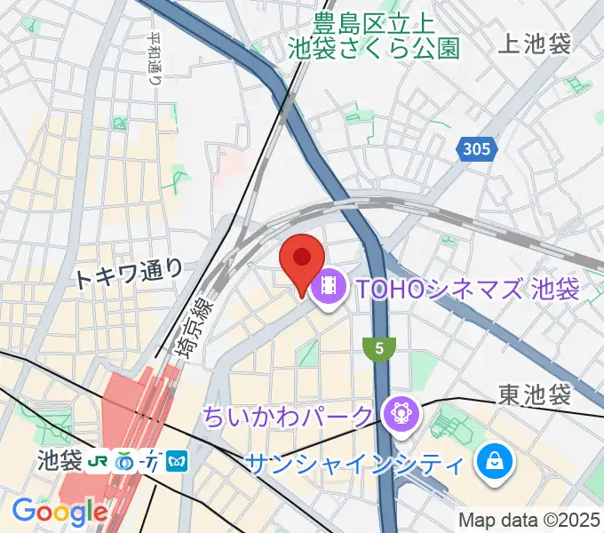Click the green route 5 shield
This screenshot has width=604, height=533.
pyautogui.click(x=379, y=350)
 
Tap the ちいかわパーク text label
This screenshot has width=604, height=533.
pyautogui.click(x=289, y=414)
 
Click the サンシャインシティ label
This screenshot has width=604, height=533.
pyautogui.click(x=354, y=464)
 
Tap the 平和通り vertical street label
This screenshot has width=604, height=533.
pyautogui.click(x=156, y=57)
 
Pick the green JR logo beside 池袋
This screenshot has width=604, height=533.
pyautogui.click(x=98, y=461)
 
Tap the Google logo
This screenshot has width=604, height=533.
pyautogui.click(x=60, y=512)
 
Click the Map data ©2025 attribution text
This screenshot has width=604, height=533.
pyautogui.click(x=528, y=520)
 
